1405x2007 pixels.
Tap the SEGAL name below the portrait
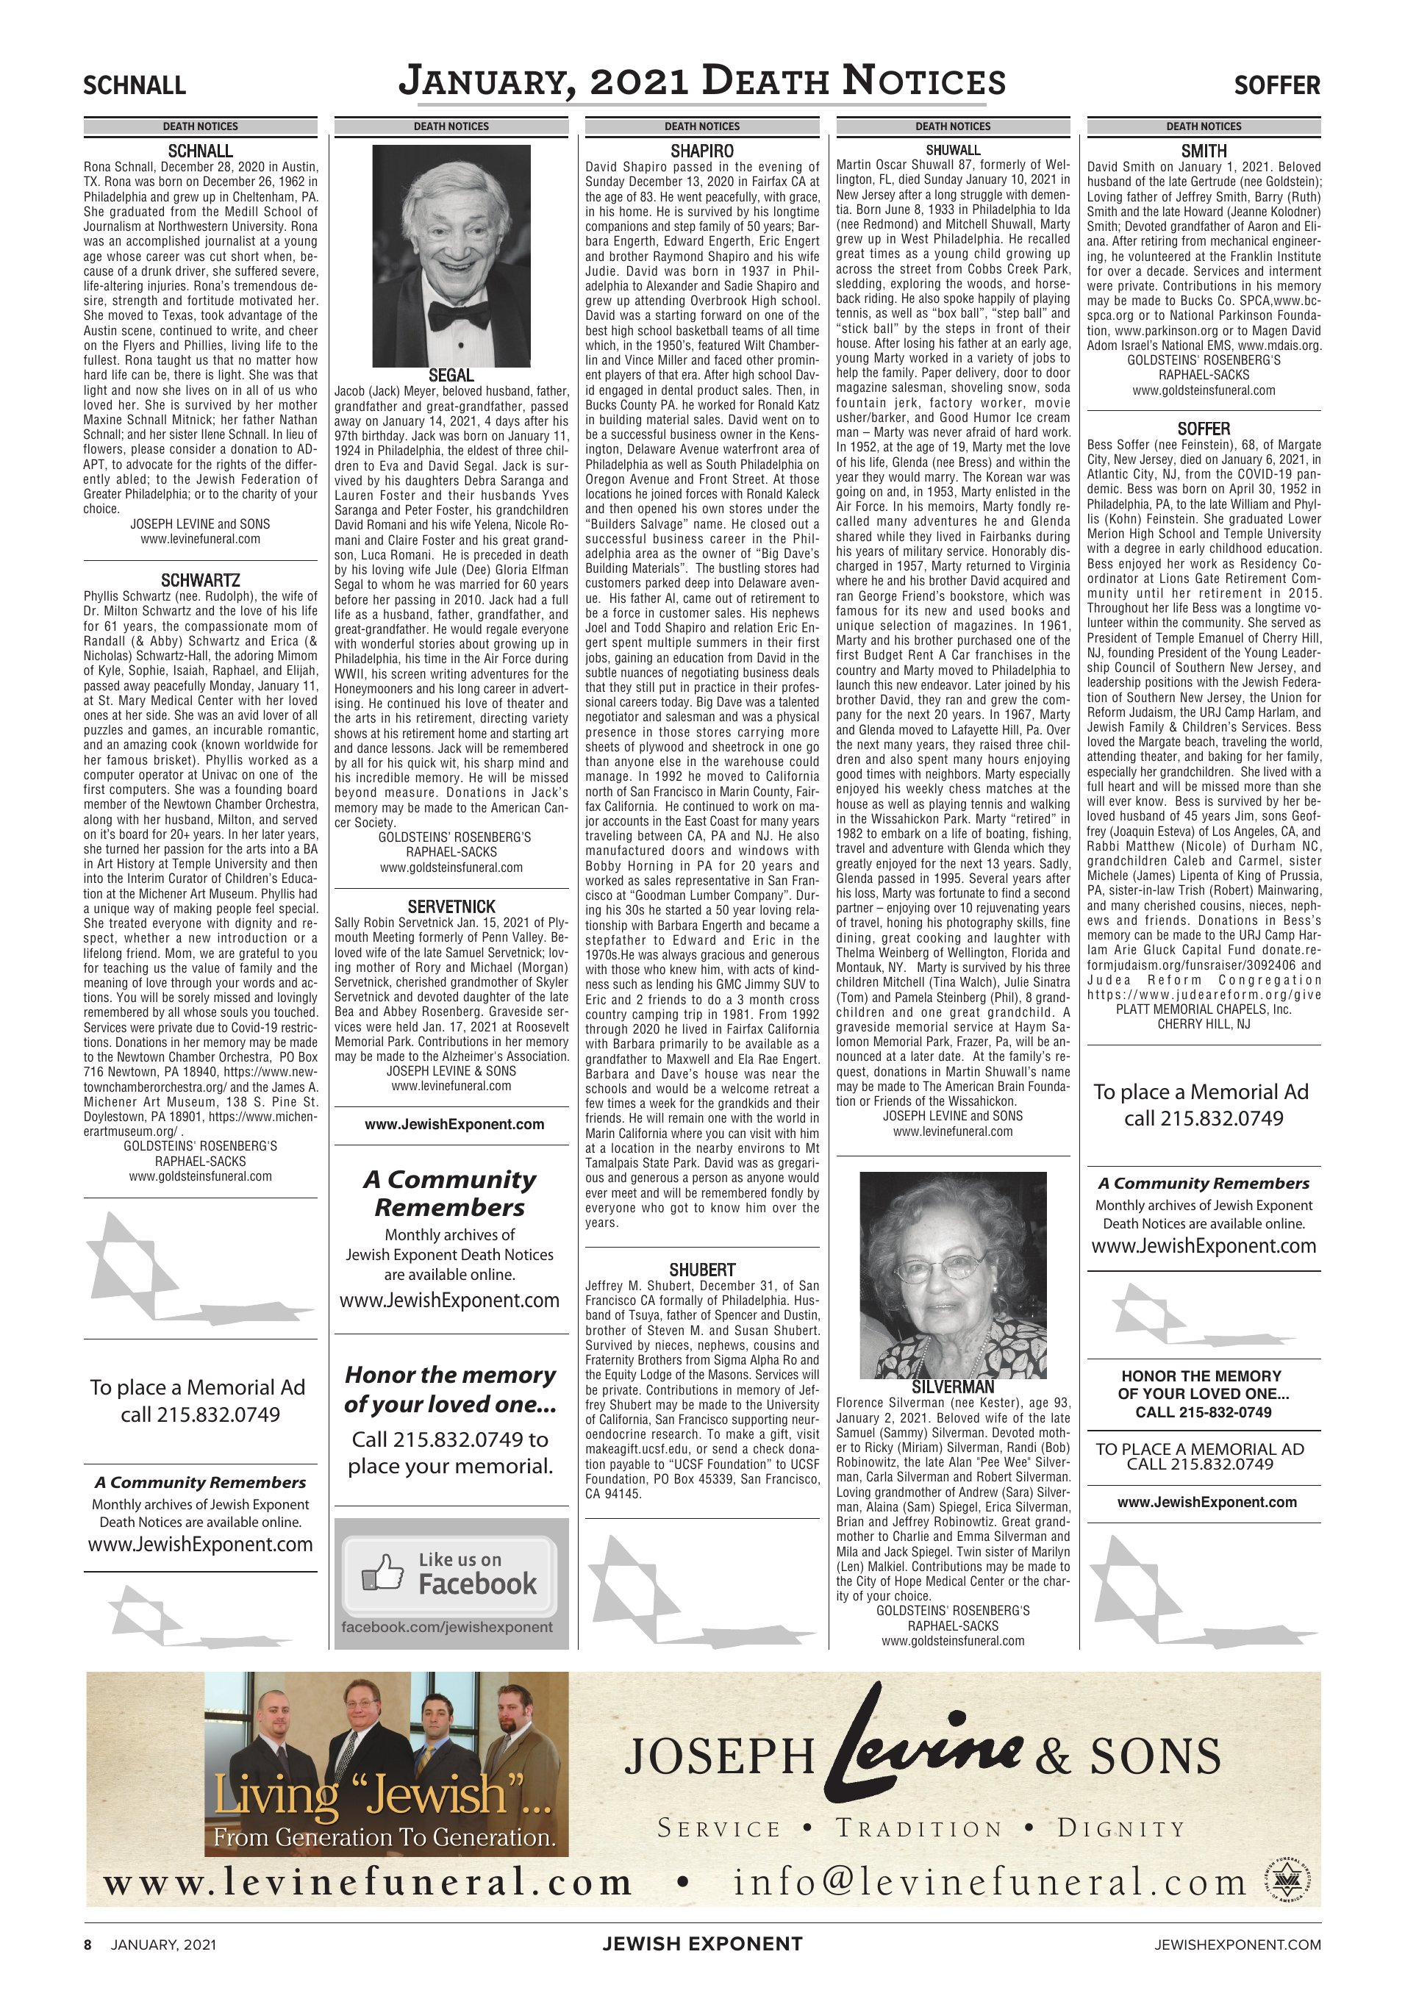coord(451,376)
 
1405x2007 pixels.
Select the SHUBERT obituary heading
coord(702,1269)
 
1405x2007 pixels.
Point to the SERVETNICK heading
coord(451,906)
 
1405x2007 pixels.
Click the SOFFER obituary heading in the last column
coord(1204,429)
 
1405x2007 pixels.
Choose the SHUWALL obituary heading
coord(953,151)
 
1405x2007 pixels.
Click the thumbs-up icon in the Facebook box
coord(383,1573)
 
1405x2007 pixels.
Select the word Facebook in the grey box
coord(477,1583)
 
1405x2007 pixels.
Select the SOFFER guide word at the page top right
coord(1276,86)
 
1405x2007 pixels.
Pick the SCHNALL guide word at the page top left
coord(135,86)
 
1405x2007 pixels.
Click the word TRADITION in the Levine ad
coord(918,1828)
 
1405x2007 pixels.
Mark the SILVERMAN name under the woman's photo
coord(953,1387)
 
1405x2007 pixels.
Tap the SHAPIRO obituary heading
coord(702,151)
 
